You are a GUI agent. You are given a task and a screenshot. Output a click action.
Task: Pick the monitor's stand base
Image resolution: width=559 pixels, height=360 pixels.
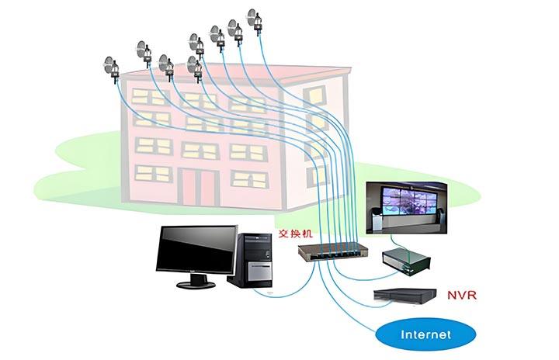tap(196, 284)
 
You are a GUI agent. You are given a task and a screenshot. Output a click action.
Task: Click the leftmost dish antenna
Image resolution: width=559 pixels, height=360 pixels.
tap(108, 67)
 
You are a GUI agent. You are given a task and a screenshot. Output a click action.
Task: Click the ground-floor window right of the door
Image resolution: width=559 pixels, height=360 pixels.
tap(248, 180)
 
